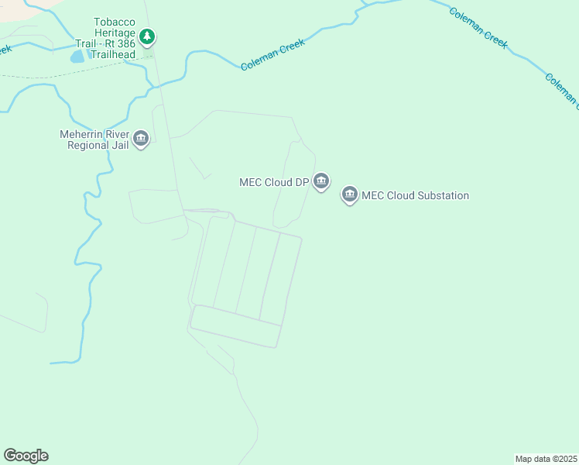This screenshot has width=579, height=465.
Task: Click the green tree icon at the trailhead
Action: pyautogui.click(x=147, y=36)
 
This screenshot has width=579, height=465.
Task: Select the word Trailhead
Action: pyautogui.click(x=114, y=55)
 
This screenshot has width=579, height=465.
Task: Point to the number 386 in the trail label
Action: pyautogui.click(x=125, y=44)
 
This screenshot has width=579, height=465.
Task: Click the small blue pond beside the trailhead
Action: pyautogui.click(x=78, y=57)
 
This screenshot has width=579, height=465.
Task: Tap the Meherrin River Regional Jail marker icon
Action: pyautogui.click(x=140, y=139)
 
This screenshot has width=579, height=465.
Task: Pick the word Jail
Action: pyautogui.click(x=120, y=145)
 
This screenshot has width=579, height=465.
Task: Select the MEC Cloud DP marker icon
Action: pyautogui.click(x=322, y=182)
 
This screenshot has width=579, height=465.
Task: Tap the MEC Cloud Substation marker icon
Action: pyautogui.click(x=349, y=195)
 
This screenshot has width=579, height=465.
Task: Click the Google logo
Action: pyautogui.click(x=26, y=456)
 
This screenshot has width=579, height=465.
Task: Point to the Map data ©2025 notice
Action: pyautogui.click(x=546, y=459)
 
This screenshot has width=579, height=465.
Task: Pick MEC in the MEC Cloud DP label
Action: pyautogui.click(x=251, y=183)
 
